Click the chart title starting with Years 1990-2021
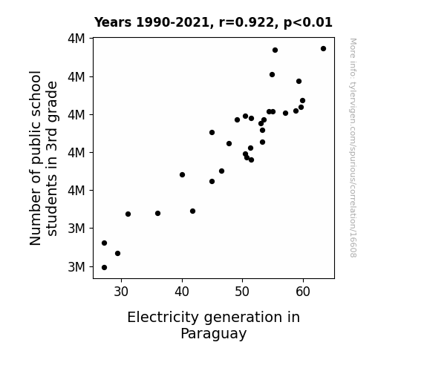click(x=213, y=22)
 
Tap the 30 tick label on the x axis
click(x=121, y=292)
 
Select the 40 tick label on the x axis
click(x=182, y=292)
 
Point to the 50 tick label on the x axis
click(x=242, y=292)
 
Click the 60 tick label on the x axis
click(x=303, y=292)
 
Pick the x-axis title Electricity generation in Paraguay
click(x=214, y=325)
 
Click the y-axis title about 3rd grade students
click(x=44, y=158)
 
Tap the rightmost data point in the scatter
click(x=323, y=49)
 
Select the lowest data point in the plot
click(x=104, y=268)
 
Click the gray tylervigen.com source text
click(x=353, y=148)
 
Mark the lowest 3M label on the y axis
click(x=76, y=267)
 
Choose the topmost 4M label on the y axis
click(x=76, y=39)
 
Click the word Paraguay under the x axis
click(x=214, y=334)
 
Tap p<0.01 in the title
click(x=308, y=22)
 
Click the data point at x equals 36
click(x=157, y=214)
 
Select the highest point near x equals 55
click(x=275, y=50)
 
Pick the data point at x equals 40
click(x=182, y=175)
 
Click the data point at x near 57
click(x=285, y=114)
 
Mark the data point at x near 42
click(x=192, y=211)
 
